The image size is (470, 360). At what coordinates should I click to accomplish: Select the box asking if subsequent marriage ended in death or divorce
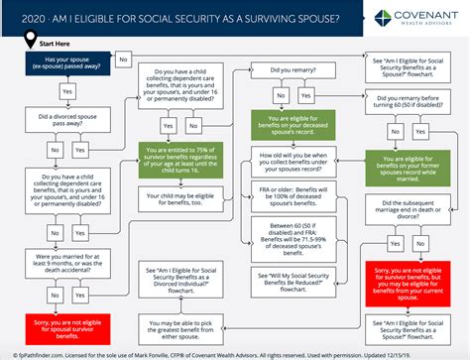pos(406,207)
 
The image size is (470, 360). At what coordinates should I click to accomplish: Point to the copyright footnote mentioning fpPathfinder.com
pos(235,350)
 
